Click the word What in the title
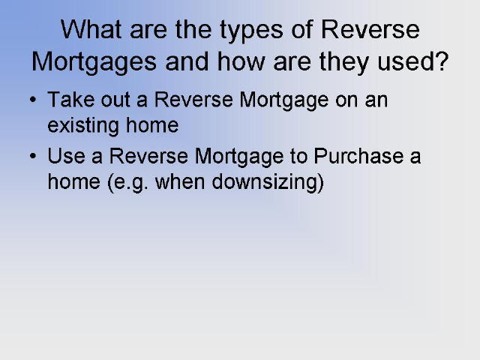pyautogui.click(x=91, y=29)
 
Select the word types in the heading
pyautogui.click(x=251, y=31)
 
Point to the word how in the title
pyautogui.click(x=241, y=61)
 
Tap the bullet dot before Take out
pyautogui.click(x=33, y=100)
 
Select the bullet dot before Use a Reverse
pyautogui.click(x=33, y=156)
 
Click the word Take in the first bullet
pyautogui.click(x=70, y=100)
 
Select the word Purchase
pyautogui.click(x=358, y=155)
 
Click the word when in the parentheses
pyautogui.click(x=180, y=181)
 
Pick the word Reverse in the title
pyautogui.click(x=370, y=29)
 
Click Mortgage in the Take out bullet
pyautogui.click(x=283, y=101)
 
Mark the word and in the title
pyautogui.click(x=187, y=61)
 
